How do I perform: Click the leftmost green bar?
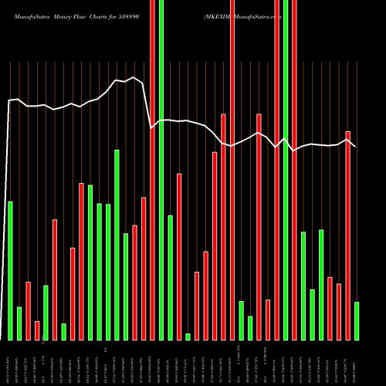(x=10, y=270)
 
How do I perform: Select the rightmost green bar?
(x=357, y=320)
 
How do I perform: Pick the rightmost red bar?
(x=347, y=235)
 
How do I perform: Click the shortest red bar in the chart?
(x=37, y=330)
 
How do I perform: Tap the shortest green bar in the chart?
(x=188, y=337)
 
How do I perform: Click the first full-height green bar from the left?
(x=161, y=170)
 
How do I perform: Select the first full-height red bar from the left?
(x=152, y=170)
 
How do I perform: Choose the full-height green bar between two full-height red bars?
(x=286, y=170)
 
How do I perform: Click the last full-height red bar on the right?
(x=294, y=170)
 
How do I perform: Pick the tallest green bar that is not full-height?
(x=117, y=245)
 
